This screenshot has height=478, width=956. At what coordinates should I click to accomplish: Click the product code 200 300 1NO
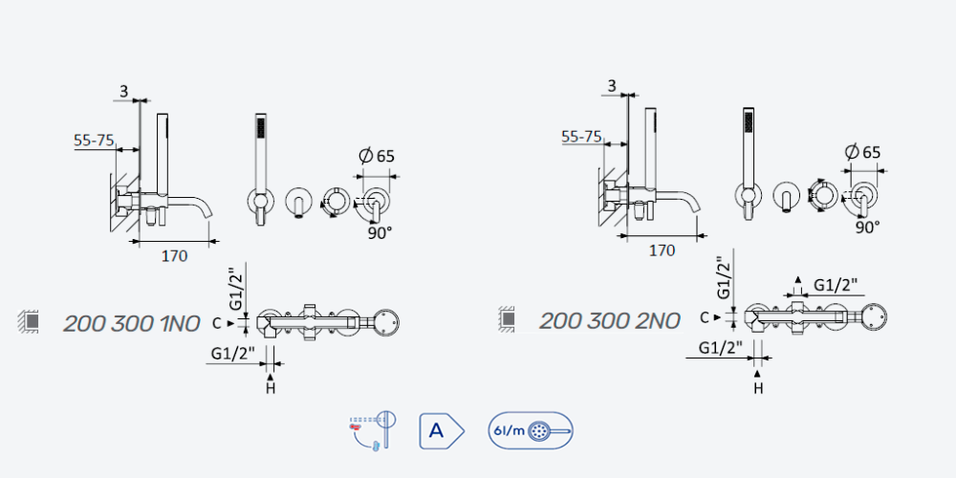pyautogui.click(x=132, y=324)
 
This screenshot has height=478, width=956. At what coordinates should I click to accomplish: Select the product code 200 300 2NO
pyautogui.click(x=610, y=320)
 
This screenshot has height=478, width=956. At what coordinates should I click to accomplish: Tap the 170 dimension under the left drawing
pyautogui.click(x=174, y=256)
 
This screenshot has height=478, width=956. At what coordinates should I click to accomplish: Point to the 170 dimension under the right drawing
pyautogui.click(x=663, y=250)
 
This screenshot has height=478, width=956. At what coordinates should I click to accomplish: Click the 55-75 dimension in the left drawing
pyautogui.click(x=94, y=141)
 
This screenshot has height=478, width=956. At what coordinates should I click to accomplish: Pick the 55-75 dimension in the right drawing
pyautogui.click(x=581, y=137)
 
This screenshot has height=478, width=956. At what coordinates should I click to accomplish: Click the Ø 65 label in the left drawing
pyautogui.click(x=377, y=156)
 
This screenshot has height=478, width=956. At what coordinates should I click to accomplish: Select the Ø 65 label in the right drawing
pyautogui.click(x=862, y=152)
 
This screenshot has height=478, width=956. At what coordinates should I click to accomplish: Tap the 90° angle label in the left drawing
pyautogui.click(x=380, y=233)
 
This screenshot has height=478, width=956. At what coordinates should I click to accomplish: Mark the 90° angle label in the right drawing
pyautogui.click(x=867, y=228)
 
